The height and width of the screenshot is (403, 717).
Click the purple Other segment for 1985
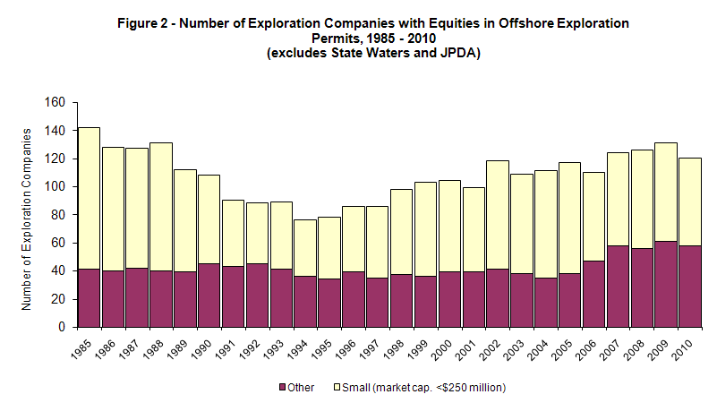tap(89, 298)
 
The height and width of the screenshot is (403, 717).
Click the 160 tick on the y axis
tap(55, 103)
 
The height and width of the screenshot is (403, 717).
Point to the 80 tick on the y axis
tap(59, 215)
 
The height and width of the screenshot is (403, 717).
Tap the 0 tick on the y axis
tap(63, 327)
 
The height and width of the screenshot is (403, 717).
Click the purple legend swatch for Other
tap(285, 387)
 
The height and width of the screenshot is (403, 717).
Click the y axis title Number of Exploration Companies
tap(27, 218)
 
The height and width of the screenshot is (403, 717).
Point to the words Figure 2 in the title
tap(143, 22)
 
